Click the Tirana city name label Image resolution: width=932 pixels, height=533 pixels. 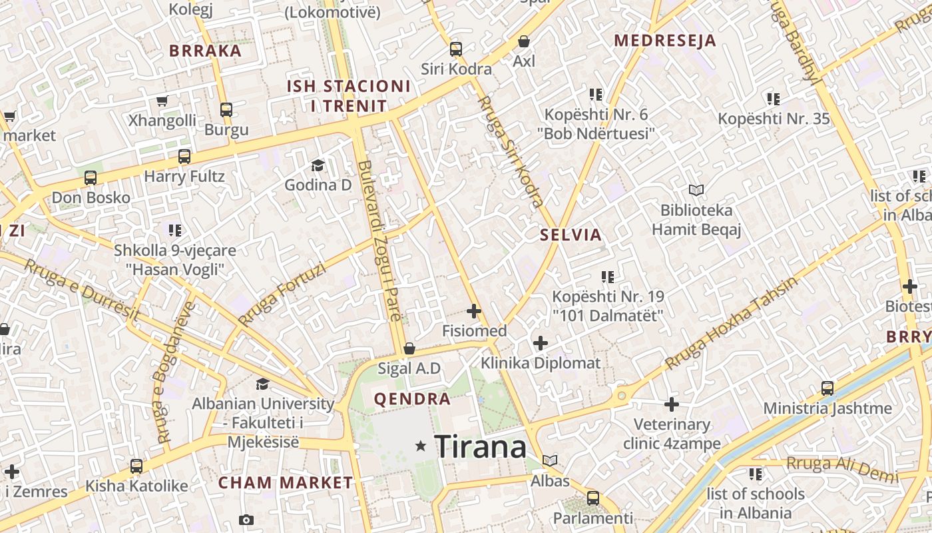[x=480, y=446]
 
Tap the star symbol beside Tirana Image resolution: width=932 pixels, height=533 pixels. [x=420, y=446]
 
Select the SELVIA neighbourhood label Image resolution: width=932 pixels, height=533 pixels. [x=571, y=235]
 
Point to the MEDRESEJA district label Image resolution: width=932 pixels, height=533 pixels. [x=664, y=41]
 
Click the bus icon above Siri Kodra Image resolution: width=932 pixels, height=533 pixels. [x=455, y=49]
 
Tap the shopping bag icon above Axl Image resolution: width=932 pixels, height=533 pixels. [x=524, y=41]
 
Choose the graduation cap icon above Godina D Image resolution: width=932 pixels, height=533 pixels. [x=318, y=165]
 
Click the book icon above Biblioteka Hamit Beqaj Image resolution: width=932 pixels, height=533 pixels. [x=696, y=191]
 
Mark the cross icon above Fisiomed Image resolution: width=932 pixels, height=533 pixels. [x=474, y=311]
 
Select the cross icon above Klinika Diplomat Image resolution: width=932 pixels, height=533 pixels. [x=541, y=343]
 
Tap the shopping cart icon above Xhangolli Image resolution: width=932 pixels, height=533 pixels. [x=162, y=101]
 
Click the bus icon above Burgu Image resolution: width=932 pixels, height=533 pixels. [x=226, y=109]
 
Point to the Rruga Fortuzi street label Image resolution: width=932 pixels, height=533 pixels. [x=282, y=294]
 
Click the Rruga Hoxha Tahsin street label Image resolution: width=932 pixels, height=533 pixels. [x=731, y=323]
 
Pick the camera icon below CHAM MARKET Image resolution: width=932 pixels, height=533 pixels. [x=246, y=520]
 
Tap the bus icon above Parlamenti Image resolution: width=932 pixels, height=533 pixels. [x=592, y=498]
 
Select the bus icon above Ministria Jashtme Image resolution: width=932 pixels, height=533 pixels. [x=827, y=388]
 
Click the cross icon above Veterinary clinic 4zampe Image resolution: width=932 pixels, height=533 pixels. [x=672, y=404]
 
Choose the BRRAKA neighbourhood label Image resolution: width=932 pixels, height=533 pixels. [x=205, y=51]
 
